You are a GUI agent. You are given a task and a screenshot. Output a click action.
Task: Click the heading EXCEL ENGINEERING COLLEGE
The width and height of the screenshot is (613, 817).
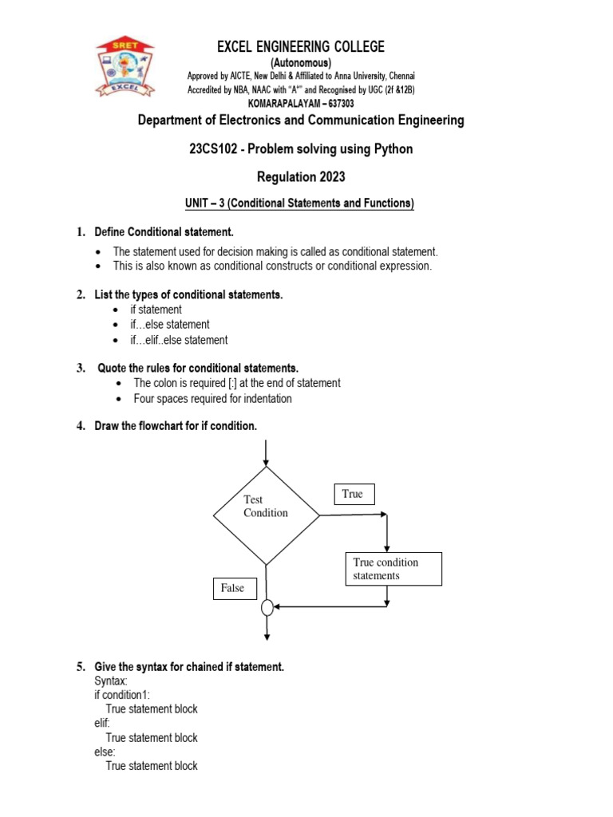(301, 47)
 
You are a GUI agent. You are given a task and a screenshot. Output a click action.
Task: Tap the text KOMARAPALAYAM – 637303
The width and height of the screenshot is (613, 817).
(301, 104)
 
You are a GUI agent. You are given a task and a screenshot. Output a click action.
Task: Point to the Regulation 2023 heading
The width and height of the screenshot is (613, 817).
(300, 177)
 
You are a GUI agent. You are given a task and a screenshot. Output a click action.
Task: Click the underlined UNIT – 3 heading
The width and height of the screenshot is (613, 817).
(300, 204)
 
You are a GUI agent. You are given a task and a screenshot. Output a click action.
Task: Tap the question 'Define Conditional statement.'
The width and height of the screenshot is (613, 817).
(164, 232)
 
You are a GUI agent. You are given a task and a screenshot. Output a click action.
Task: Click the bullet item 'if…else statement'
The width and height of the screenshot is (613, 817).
(170, 325)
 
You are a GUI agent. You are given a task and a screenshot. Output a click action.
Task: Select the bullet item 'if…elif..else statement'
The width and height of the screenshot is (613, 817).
(179, 340)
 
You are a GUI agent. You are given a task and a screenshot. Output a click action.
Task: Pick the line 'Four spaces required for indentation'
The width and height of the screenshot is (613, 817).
(212, 398)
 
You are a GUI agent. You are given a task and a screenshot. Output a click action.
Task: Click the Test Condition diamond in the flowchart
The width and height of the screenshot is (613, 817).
(266, 515)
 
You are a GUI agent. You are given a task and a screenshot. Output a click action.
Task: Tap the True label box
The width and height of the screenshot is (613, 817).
(354, 495)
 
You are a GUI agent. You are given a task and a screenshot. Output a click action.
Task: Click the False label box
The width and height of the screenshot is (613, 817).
(234, 589)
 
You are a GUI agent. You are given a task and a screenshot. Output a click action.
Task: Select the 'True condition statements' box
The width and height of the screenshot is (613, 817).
(394, 569)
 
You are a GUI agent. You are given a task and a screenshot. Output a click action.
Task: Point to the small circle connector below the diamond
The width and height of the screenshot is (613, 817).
(267, 608)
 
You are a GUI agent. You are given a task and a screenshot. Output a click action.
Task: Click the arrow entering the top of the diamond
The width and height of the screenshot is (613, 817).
(266, 453)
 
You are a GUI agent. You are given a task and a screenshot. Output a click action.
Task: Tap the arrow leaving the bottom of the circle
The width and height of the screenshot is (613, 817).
(267, 628)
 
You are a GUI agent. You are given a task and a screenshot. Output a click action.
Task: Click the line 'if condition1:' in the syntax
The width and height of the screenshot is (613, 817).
(128, 695)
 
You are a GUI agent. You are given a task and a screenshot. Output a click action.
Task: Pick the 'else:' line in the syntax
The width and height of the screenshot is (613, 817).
(105, 752)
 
